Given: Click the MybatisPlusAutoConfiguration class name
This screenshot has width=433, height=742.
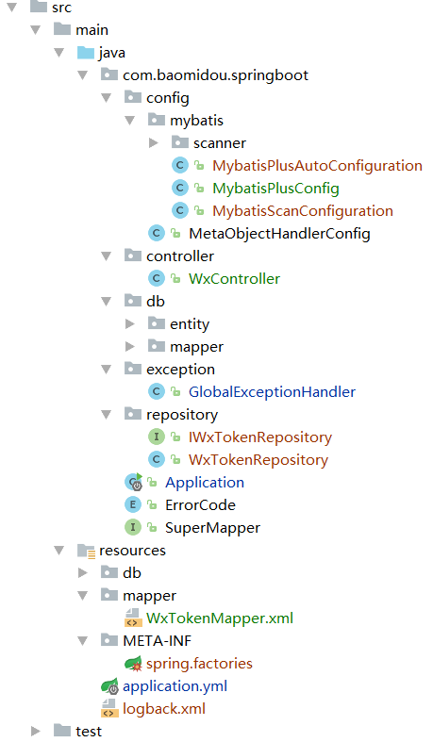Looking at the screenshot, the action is tap(317, 166).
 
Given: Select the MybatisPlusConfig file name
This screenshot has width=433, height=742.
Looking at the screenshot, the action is tap(275, 189).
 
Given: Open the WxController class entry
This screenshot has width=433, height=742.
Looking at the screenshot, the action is tap(234, 279).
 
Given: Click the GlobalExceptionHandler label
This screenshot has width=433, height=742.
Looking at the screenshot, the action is tap(272, 392).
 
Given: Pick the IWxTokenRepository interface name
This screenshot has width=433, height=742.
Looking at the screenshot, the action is tap(260, 437).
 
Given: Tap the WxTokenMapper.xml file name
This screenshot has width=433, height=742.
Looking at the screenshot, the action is tap(220, 618).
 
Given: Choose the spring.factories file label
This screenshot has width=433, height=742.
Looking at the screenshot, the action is tap(199, 664).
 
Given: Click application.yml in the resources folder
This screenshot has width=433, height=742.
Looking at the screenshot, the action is tap(175, 686).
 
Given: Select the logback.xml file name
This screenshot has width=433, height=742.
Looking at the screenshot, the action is tap(164, 709).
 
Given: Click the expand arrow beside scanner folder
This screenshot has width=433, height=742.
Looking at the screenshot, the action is tap(154, 142).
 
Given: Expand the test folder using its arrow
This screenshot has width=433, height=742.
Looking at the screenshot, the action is tap(36, 731).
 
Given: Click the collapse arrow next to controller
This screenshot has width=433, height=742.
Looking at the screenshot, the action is tap(107, 256).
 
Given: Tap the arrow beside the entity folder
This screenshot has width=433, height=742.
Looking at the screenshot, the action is tap(129, 323).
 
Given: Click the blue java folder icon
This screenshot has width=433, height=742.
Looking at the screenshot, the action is tap(86, 52).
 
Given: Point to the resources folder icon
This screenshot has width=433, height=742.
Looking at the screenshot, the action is tap(86, 551).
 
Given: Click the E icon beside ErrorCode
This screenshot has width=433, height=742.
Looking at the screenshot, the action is tap(133, 505).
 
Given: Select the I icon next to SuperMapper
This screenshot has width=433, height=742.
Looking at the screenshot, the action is tap(133, 527).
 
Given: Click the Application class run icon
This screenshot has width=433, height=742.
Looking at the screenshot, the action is tap(133, 482).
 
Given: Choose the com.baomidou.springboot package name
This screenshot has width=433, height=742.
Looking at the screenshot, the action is tap(215, 75).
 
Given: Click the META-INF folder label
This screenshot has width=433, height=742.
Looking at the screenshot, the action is tap(158, 641).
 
